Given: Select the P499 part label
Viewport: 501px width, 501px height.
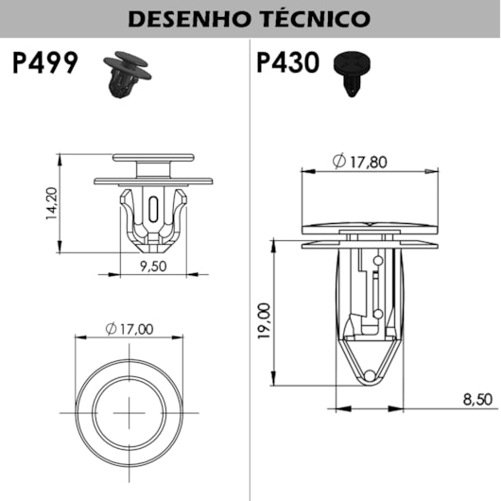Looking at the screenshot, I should point(46,64).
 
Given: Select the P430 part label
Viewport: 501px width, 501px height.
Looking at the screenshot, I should point(290,64).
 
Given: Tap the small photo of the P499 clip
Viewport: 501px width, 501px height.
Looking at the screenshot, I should point(124,72).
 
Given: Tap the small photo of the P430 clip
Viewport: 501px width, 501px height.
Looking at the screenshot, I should point(354,72).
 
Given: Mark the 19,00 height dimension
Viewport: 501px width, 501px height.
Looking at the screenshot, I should point(264,320).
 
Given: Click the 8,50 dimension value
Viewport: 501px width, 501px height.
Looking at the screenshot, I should point(478,400).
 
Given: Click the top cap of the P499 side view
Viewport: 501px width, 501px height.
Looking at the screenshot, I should point(153,157).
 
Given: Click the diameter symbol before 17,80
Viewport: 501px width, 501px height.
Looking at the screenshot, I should point(338,162).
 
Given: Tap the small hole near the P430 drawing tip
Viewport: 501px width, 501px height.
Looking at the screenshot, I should point(371,376).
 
